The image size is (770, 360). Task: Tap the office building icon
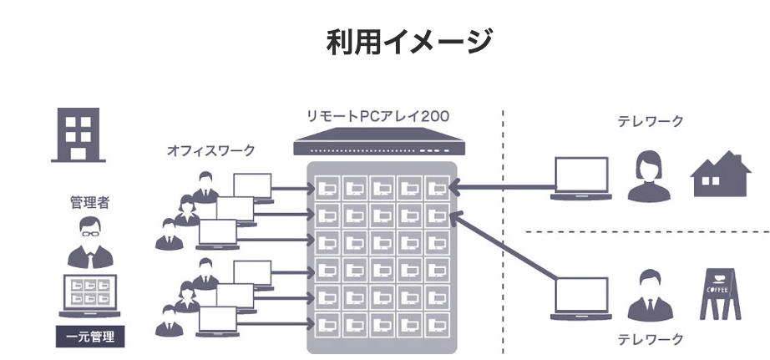(78, 134)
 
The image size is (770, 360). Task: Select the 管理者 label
(89, 202)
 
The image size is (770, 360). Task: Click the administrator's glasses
(90, 233)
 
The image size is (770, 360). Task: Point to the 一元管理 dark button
(90, 337)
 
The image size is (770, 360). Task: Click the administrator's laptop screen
(90, 292)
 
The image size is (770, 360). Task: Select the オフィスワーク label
(210, 150)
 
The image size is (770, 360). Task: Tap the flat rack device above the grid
(380, 142)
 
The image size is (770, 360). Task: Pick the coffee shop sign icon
(720, 294)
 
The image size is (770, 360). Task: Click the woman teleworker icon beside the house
(649, 176)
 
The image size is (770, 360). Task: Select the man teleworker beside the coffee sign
(650, 295)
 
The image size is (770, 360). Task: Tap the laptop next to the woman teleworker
(581, 178)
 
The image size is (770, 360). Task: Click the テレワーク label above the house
(651, 121)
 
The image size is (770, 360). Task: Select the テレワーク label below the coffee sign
(651, 338)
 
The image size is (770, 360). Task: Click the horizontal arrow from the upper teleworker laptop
(502, 186)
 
